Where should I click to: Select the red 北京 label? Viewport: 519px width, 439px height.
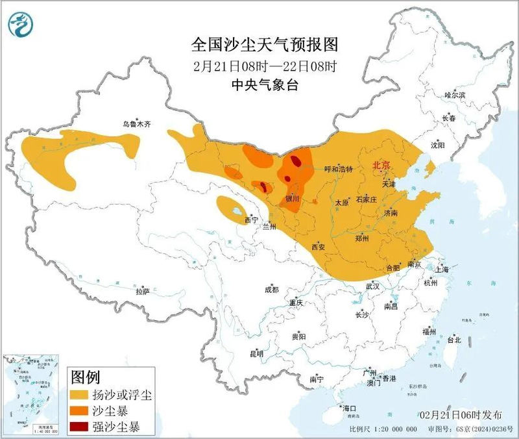[381, 166]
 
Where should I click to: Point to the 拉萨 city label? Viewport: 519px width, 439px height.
[143, 292]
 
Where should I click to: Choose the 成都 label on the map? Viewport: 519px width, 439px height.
[271, 290]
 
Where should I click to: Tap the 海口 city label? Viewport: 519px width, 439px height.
[350, 408]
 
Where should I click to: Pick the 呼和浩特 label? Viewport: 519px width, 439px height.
[338, 169]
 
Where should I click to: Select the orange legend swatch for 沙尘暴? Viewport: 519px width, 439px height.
[82, 411]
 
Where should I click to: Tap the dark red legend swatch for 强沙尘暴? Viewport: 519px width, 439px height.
[82, 427]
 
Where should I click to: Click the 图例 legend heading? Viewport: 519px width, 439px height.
[85, 377]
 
